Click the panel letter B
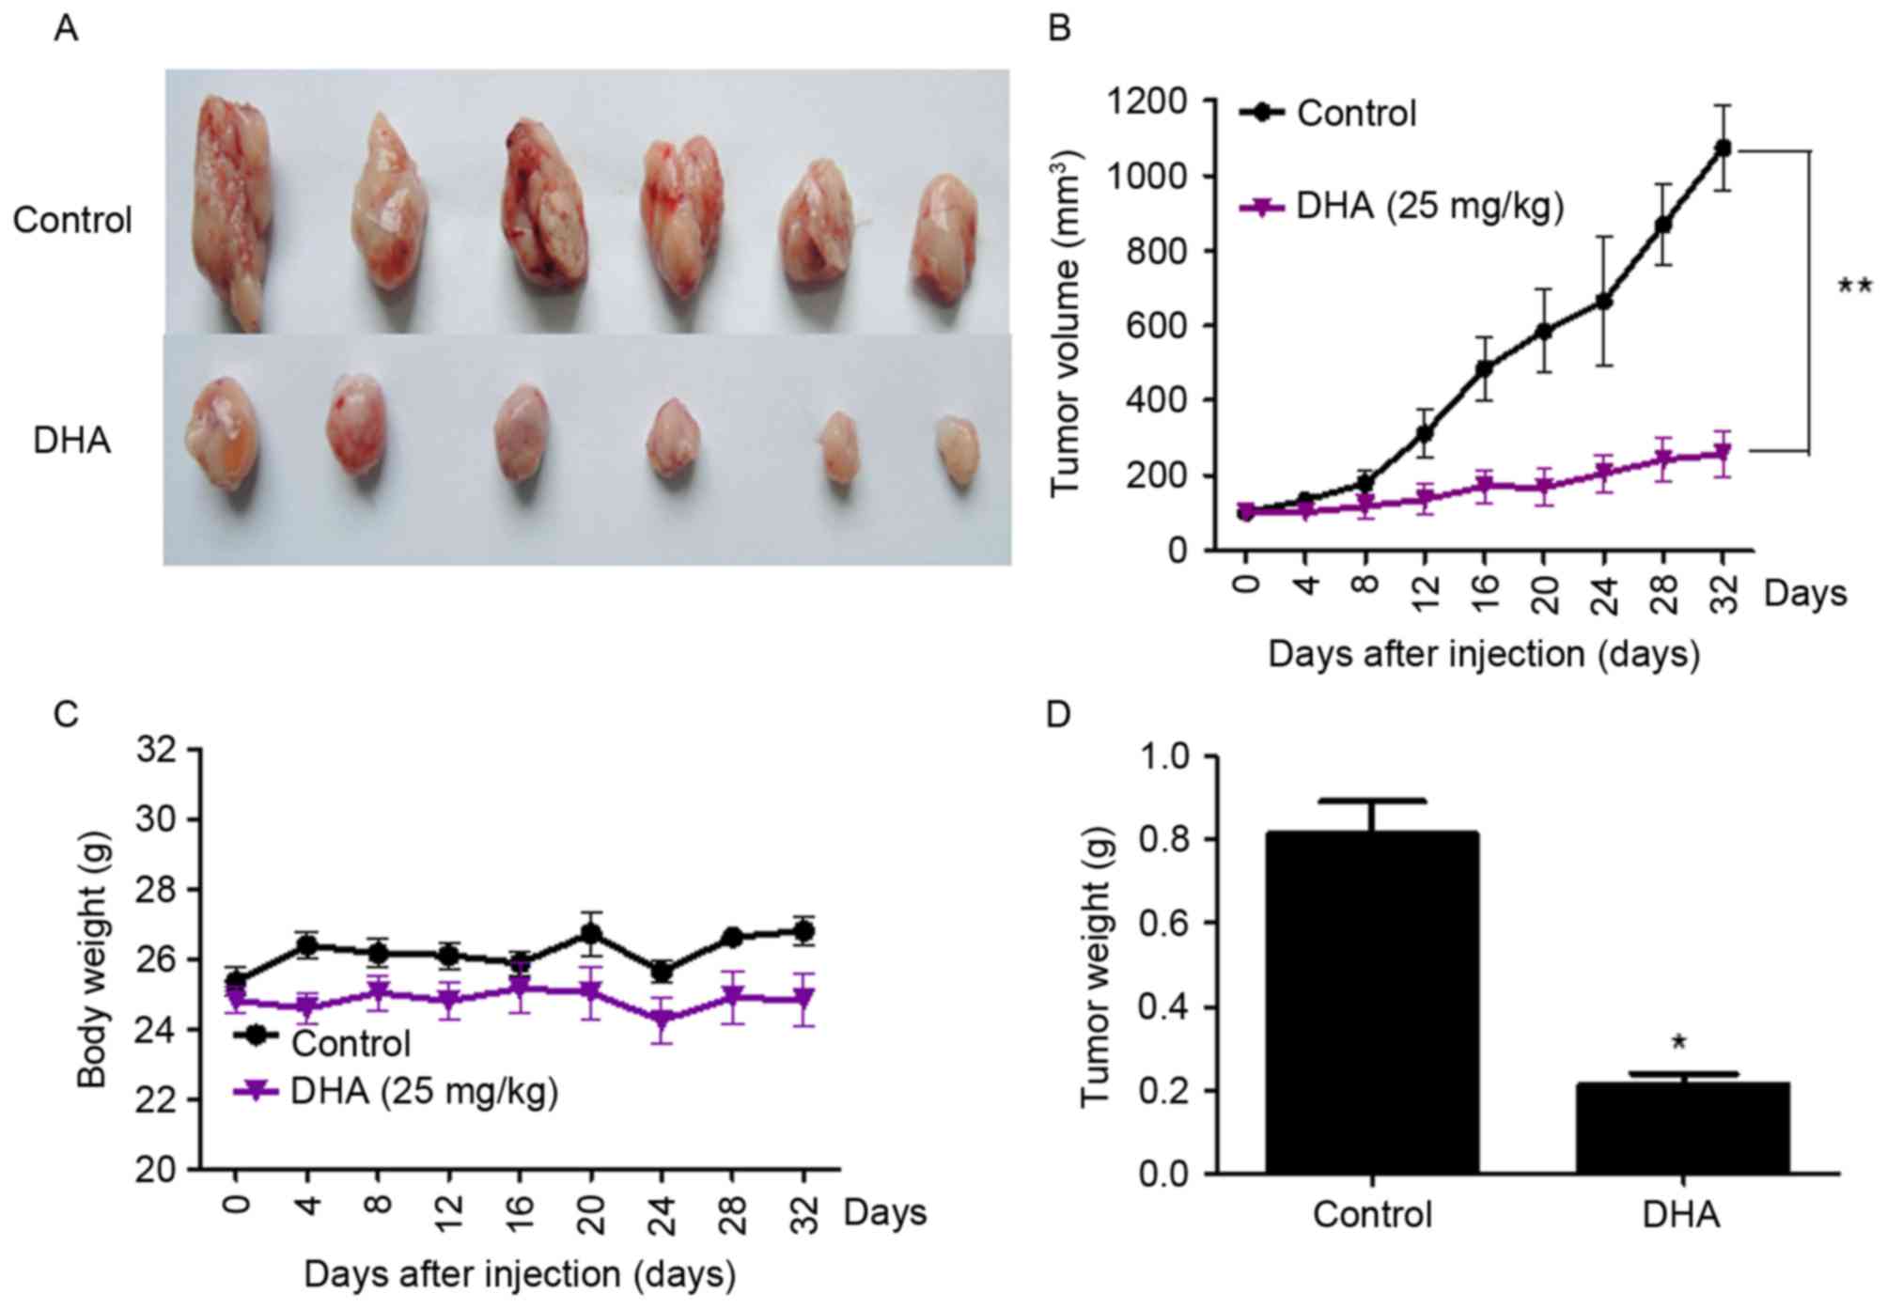(x=1058, y=29)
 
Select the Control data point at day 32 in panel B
(x=1723, y=148)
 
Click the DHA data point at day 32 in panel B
(x=1723, y=455)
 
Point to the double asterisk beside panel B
(x=1854, y=287)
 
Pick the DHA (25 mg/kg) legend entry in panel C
(x=396, y=1092)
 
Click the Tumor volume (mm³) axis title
(x=1068, y=324)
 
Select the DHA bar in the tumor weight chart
(x=1682, y=1128)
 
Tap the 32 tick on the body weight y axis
(x=156, y=751)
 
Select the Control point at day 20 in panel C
(x=591, y=934)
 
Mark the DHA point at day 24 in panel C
(x=662, y=1020)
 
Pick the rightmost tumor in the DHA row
(x=959, y=451)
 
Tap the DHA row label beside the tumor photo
(x=71, y=440)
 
